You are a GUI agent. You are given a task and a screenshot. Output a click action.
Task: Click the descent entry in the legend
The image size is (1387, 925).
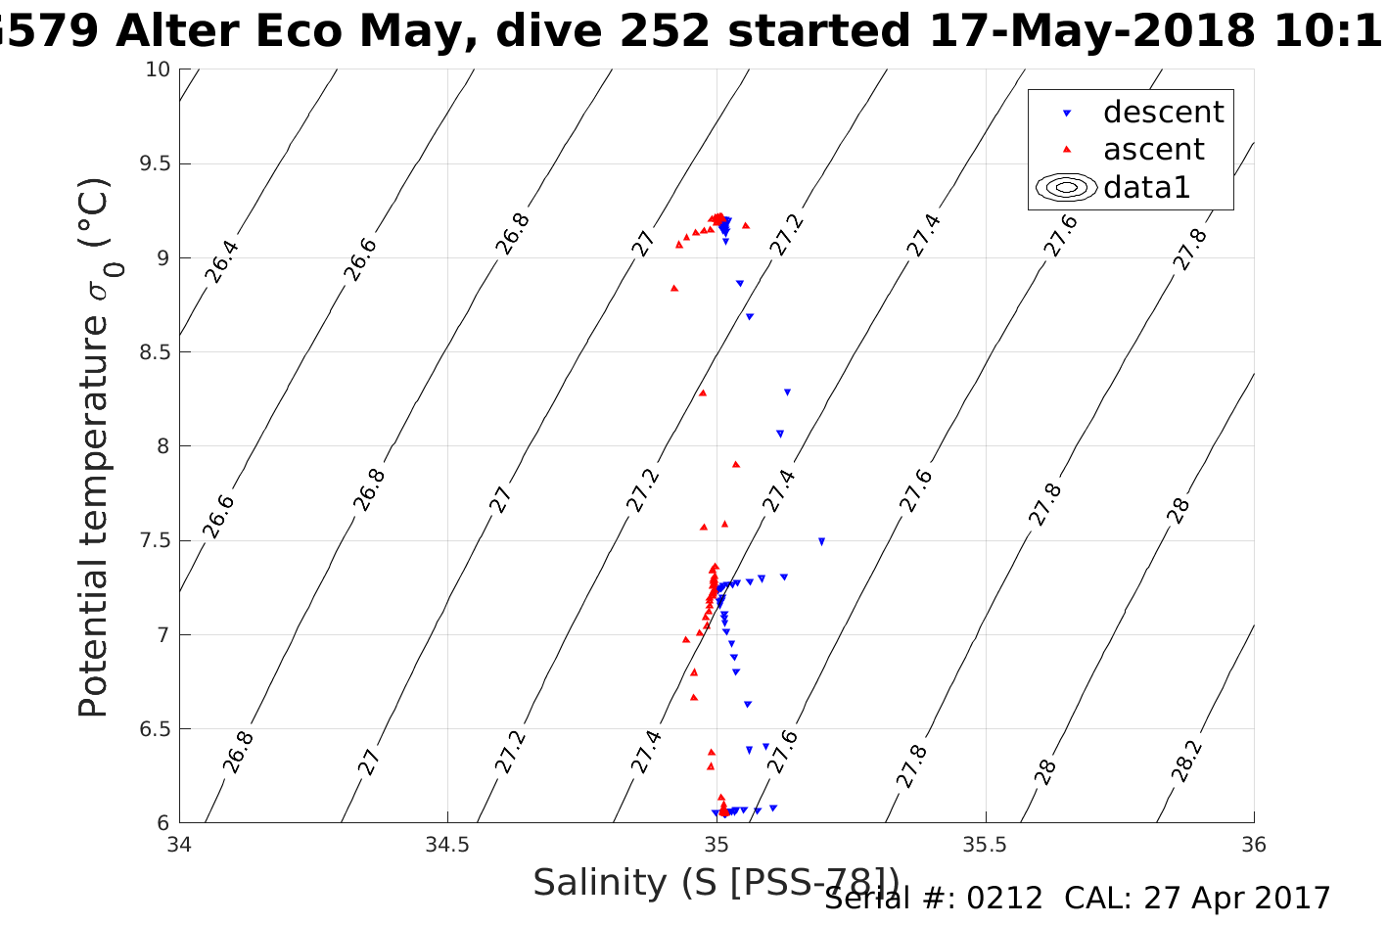(1163, 113)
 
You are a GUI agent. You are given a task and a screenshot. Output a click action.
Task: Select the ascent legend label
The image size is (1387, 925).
(1153, 150)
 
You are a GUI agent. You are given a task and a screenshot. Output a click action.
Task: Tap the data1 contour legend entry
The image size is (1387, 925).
(1146, 186)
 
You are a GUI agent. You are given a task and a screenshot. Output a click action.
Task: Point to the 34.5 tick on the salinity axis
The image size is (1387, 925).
(447, 844)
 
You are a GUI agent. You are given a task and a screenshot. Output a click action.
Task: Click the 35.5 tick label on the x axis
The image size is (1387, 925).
(985, 844)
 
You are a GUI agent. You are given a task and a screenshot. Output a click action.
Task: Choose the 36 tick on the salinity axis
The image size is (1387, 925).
(1253, 844)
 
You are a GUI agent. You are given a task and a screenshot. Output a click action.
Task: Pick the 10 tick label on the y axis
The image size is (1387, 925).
(158, 69)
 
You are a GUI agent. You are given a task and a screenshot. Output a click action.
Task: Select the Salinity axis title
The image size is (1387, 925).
(716, 883)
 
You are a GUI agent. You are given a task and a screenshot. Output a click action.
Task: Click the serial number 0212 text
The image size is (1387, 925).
(1004, 899)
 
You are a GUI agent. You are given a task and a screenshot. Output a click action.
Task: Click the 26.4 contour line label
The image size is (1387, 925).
(222, 260)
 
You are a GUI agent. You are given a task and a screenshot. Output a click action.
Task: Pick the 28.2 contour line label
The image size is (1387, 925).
(1186, 761)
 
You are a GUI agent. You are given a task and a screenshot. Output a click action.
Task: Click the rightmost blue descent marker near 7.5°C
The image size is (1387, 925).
(821, 541)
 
